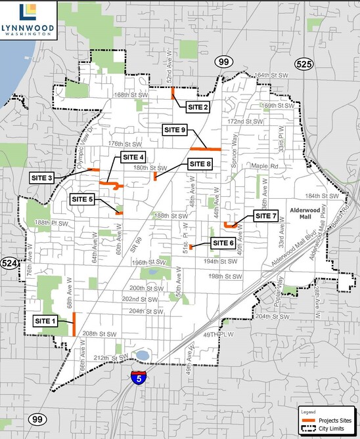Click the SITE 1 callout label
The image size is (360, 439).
(45, 320)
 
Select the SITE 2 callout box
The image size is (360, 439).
(198, 107)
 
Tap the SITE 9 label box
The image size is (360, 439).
(175, 131)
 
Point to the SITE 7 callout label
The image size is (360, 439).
(265, 215)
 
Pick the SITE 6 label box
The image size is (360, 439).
(223, 243)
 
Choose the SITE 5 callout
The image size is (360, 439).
(83, 198)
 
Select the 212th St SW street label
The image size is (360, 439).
(109, 358)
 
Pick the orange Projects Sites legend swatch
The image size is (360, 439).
(307, 421)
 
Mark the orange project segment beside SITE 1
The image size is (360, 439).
(74, 324)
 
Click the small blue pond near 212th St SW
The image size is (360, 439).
(141, 356)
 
